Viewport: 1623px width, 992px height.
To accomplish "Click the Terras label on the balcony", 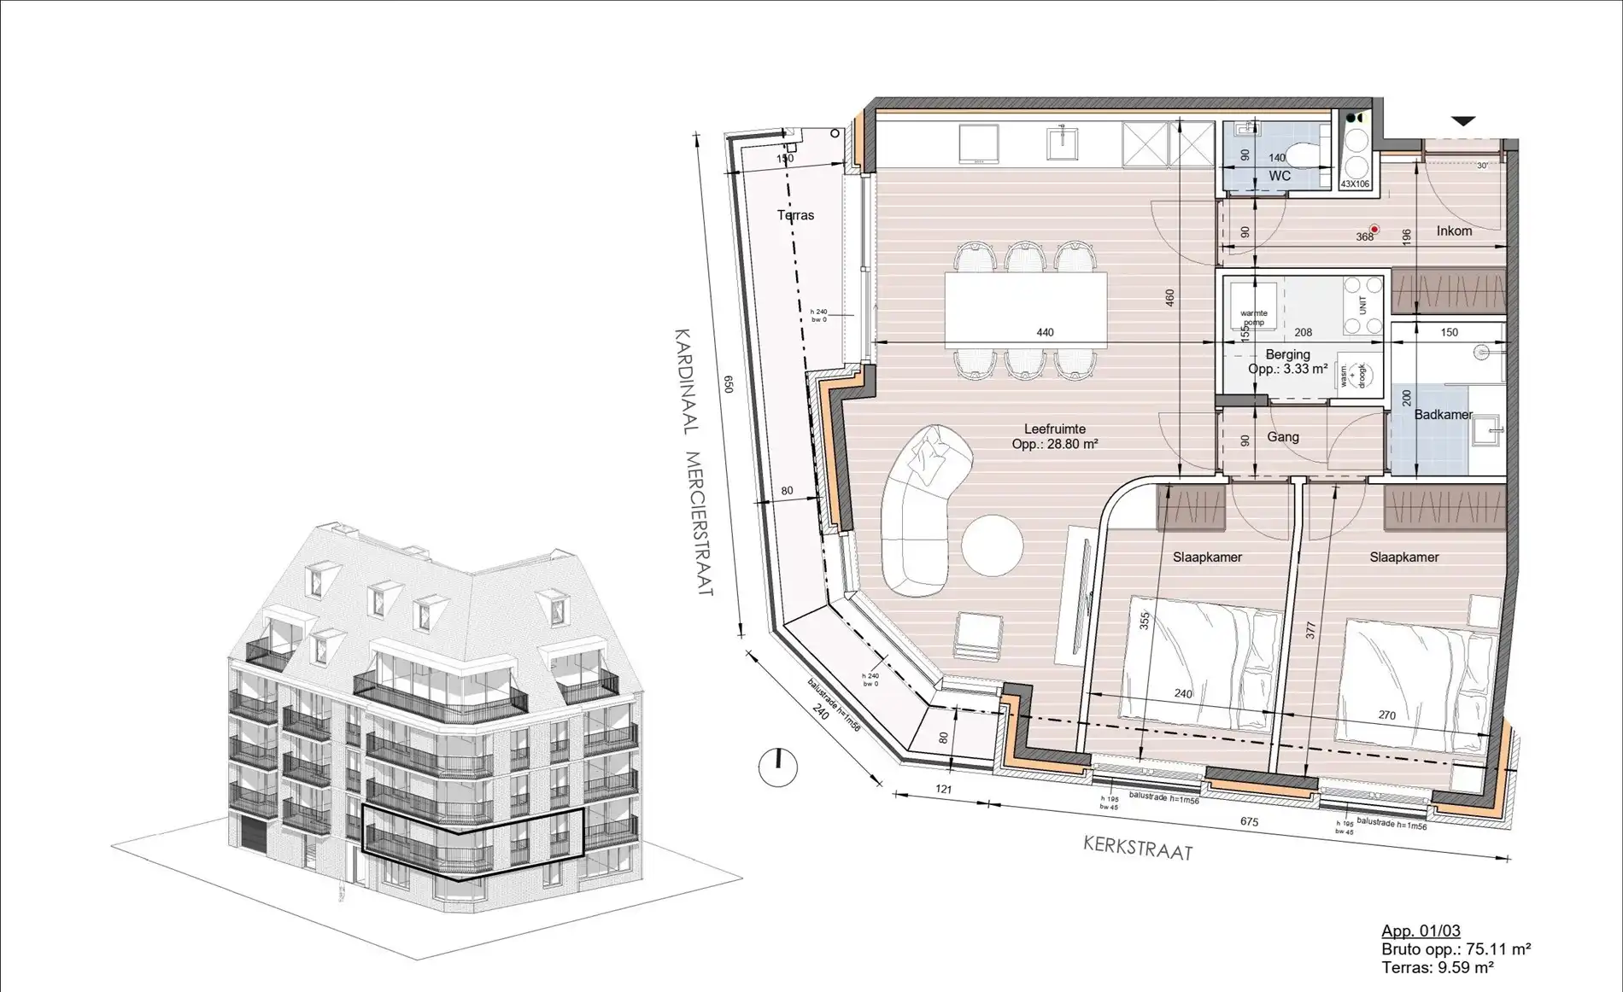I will coord(795,215).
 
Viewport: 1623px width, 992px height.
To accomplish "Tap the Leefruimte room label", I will coord(1055,429).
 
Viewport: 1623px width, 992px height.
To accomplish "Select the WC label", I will coord(1279,176).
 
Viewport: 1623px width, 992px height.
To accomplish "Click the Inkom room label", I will coord(1454,230).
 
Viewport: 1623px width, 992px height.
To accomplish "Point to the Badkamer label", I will coord(1443,415).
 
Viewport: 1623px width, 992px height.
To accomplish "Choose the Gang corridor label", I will coord(1282,437).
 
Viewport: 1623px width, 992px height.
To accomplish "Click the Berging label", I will coord(1287,354).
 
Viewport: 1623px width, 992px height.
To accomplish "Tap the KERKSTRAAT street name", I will coord(1137,848).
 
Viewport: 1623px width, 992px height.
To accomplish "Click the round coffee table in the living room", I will coord(991,546).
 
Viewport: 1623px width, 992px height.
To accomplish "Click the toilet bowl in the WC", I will coord(1302,155).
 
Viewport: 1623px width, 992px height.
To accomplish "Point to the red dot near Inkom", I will coord(1374,229).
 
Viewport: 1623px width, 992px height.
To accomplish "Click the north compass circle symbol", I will coord(777,767).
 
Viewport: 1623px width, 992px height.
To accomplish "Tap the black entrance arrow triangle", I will coord(1463,121).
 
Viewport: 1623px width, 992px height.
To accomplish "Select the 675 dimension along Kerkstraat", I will coord(1249,821).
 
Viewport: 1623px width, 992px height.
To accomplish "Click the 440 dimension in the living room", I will coord(1045,332).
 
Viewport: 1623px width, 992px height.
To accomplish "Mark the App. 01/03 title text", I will coord(1421,931).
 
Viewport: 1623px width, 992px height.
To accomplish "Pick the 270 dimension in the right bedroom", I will coord(1386,715).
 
